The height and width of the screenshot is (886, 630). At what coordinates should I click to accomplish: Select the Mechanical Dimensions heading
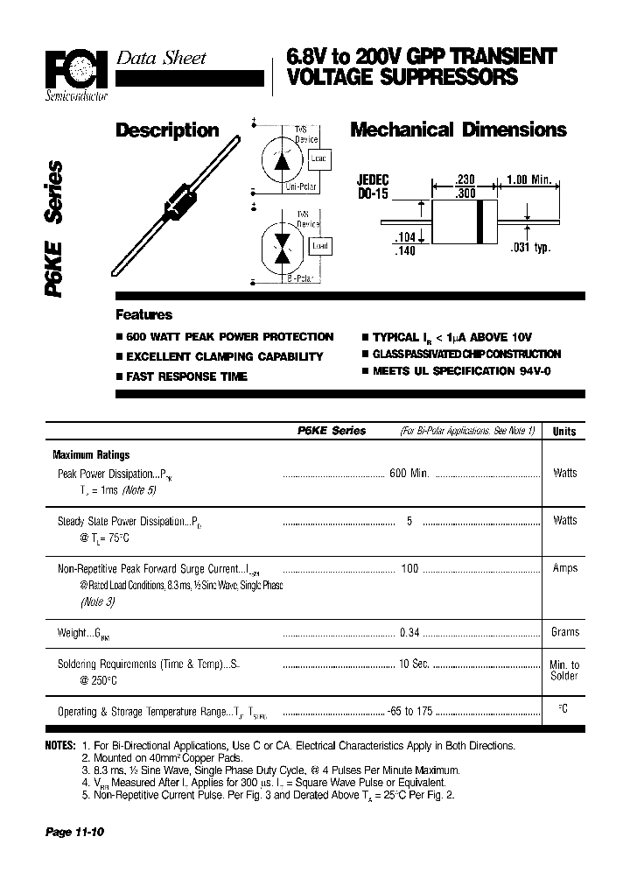pos(458,130)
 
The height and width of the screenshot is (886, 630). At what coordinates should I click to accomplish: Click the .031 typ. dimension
pos(529,248)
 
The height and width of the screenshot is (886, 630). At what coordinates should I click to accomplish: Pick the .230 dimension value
pos(465,179)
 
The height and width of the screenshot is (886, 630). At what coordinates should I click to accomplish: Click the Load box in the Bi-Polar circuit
pos(320,246)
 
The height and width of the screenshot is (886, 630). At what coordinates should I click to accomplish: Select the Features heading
pos(144,315)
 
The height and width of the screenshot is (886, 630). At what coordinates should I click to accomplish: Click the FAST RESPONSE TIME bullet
pos(186,376)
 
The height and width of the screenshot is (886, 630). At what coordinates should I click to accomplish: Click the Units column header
pos(564,432)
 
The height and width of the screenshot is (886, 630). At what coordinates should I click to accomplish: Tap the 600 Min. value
pos(408,473)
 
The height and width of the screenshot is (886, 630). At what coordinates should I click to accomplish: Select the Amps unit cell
pos(564,568)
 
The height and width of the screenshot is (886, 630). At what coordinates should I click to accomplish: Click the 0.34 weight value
pos(409,632)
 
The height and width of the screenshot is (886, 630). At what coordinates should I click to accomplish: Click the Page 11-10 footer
pos(74,832)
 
